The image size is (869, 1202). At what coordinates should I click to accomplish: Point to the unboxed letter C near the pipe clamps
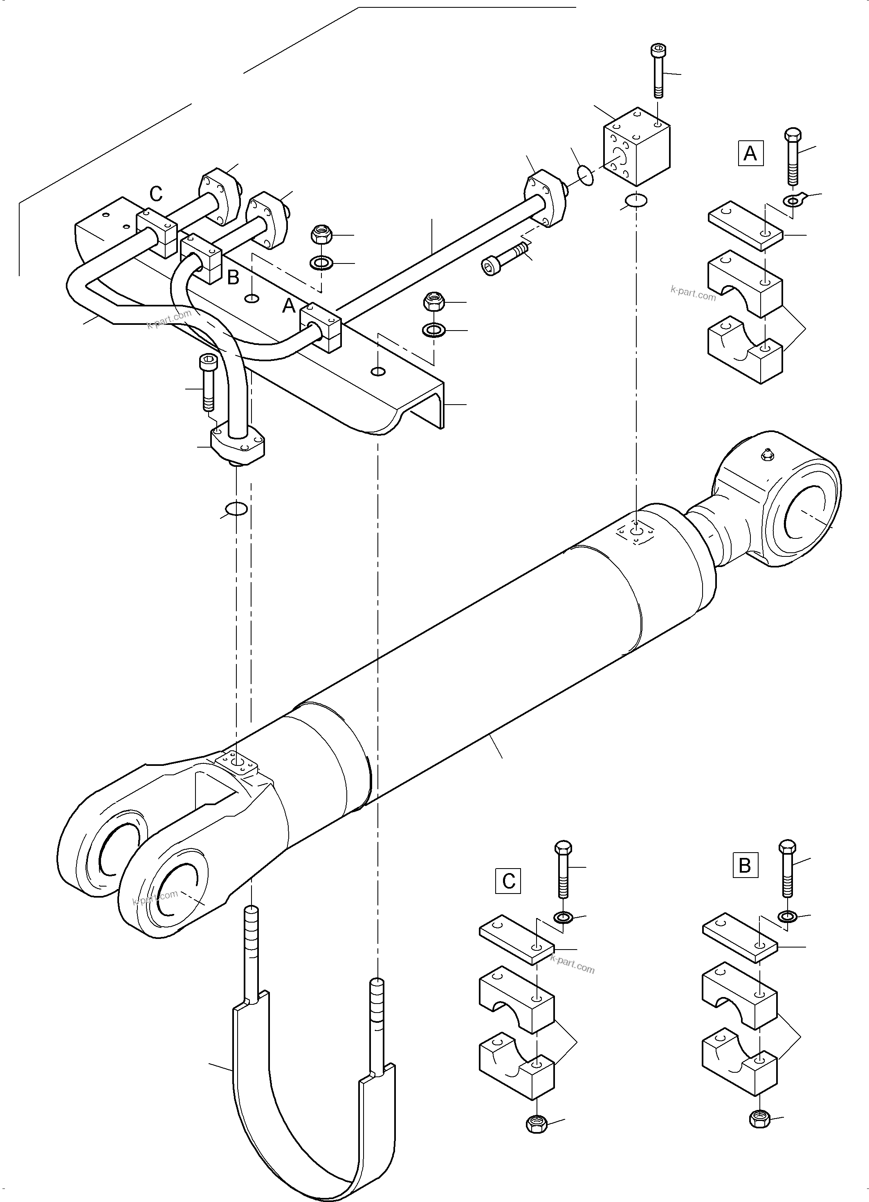155,194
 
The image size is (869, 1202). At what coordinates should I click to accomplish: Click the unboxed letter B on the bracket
233,278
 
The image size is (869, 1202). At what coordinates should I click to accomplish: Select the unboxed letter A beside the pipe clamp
288,306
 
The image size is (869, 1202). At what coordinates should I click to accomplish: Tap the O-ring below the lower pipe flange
236,509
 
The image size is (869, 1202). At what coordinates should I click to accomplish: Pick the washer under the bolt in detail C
562,917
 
